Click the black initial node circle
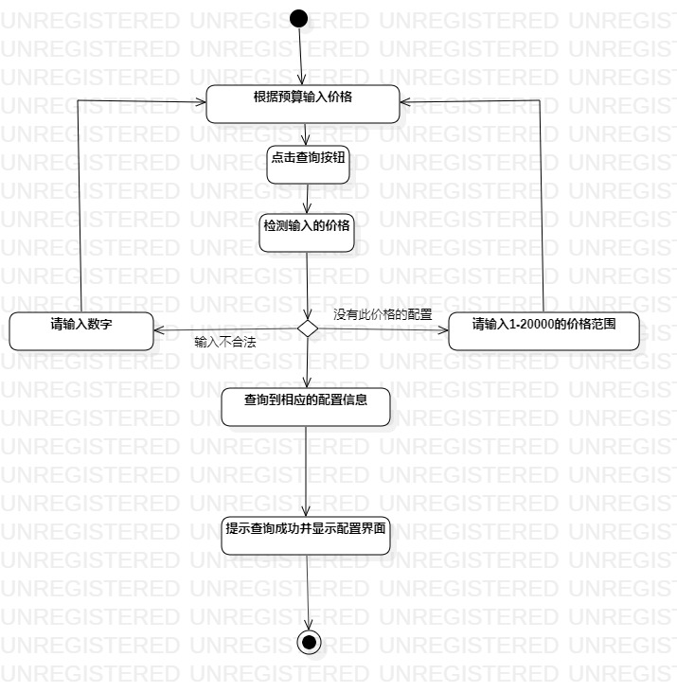pos(299,17)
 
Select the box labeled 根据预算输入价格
pos(303,103)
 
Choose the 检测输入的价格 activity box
pos(307,233)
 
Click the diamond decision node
pos(308,328)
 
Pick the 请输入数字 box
pos(81,330)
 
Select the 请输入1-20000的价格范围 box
pos(543,330)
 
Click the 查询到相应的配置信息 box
pos(305,406)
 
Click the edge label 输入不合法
pos(225,342)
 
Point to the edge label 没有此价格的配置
pos(383,313)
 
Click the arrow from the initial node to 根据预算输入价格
pos(301,56)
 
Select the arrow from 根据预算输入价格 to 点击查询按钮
pos(305,133)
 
